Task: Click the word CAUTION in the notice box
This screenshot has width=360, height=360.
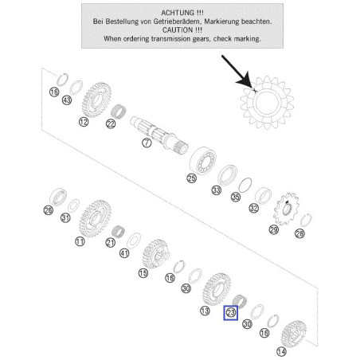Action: [x=178, y=30]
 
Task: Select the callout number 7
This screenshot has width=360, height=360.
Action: [x=147, y=143]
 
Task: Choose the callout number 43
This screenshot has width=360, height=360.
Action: [x=67, y=100]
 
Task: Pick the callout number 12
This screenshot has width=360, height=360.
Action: [x=84, y=122]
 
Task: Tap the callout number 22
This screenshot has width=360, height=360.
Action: [x=111, y=123]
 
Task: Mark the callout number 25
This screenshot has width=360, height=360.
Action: [x=191, y=178]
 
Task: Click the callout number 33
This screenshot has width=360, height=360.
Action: [x=217, y=190]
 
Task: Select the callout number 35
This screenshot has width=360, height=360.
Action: [x=236, y=197]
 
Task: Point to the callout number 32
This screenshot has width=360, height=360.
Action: [x=253, y=208]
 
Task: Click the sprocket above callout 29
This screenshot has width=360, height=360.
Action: [x=287, y=209]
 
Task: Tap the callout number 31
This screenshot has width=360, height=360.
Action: [x=65, y=218]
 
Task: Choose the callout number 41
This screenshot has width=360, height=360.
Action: [x=124, y=253]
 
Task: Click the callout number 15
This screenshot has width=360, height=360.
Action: [x=143, y=273]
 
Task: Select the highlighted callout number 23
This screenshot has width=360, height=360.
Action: [x=230, y=313]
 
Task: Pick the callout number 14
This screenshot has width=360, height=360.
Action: [x=281, y=352]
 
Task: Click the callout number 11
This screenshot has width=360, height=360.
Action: [x=80, y=241]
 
